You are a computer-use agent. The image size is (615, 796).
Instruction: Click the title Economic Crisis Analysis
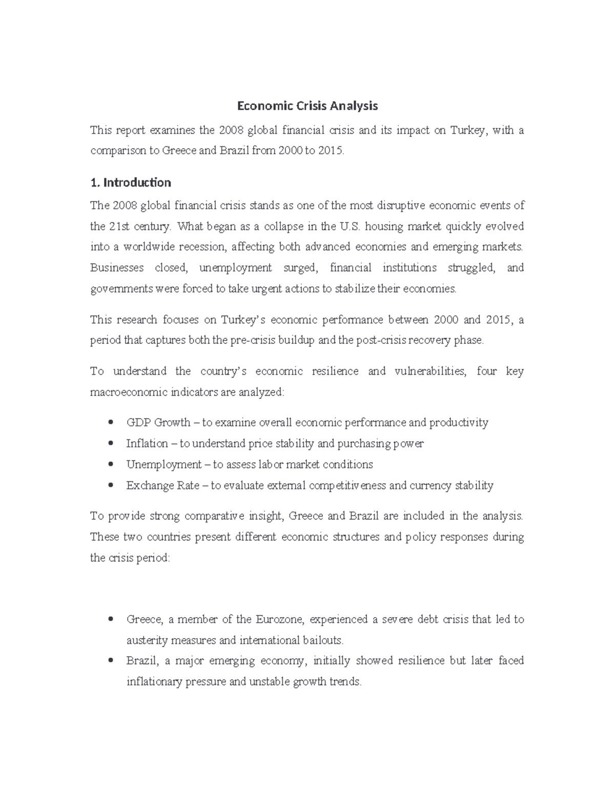(x=307, y=106)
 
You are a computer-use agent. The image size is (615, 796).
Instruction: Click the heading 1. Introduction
(x=130, y=182)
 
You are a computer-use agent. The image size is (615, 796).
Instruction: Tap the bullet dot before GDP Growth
(x=111, y=422)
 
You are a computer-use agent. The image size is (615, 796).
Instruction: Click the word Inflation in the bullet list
(x=147, y=443)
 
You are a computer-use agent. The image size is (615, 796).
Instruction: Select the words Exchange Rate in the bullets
(x=162, y=485)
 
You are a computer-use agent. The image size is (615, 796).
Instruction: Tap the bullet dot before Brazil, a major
(x=111, y=661)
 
